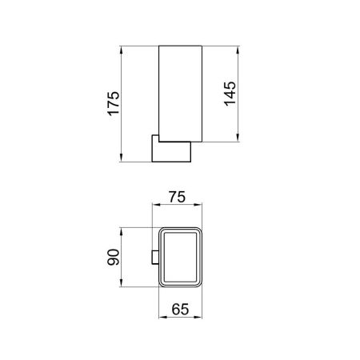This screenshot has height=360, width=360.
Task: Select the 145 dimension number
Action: (x=230, y=95)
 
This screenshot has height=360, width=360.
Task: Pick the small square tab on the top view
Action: (x=155, y=257)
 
